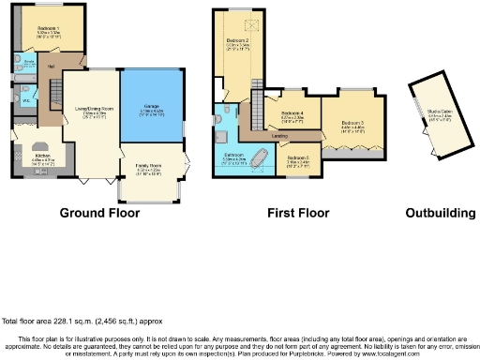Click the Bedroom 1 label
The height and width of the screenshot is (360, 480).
pos(48,29)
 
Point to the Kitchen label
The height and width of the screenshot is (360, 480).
pos(42,156)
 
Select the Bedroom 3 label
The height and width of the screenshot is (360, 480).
pos(352,123)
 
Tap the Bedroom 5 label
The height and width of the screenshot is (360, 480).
pos(298,157)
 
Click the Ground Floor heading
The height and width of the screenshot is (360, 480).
pos(99,214)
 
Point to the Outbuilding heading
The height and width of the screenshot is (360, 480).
pos(440,214)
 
